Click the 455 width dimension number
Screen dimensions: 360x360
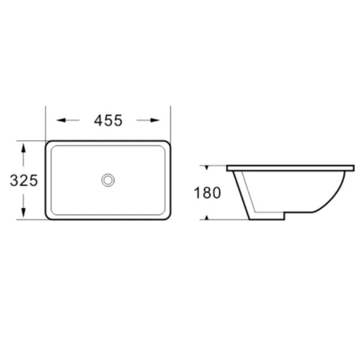109,121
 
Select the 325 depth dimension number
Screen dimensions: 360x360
24,180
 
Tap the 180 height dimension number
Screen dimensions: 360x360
208,193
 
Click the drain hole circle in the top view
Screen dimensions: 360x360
109,179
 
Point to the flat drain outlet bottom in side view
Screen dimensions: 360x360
267,218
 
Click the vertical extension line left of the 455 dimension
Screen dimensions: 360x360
47,123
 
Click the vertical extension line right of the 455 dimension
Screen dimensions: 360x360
170,123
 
